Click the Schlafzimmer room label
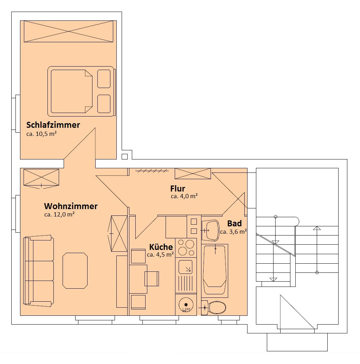pyautogui.click(x=53, y=125)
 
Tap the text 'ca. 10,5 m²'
pyautogui.click(x=41, y=134)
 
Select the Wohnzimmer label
pyautogui.click(x=71, y=206)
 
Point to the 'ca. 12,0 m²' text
pyautogui.click(x=59, y=214)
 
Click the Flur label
pyautogui.click(x=178, y=188)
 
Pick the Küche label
pyautogui.click(x=161, y=247)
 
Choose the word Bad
pyautogui.click(x=234, y=224)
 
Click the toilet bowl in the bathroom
pyautogui.click(x=217, y=308)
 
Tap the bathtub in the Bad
pyautogui.click(x=215, y=271)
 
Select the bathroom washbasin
pyautogui.click(x=211, y=231)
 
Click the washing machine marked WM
pyautogui.click(x=186, y=305)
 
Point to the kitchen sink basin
pyautogui.click(x=185, y=267)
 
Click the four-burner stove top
pyautogui.click(x=186, y=248)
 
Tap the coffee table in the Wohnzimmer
pyautogui.click(x=75, y=271)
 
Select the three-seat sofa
pyautogui.click(x=38, y=271)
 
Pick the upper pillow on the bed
pyautogui.click(x=104, y=79)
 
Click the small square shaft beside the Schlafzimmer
pyautogui.click(x=125, y=156)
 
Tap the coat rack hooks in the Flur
pyautogui.click(x=152, y=171)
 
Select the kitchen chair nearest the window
pyautogui.click(x=139, y=302)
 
